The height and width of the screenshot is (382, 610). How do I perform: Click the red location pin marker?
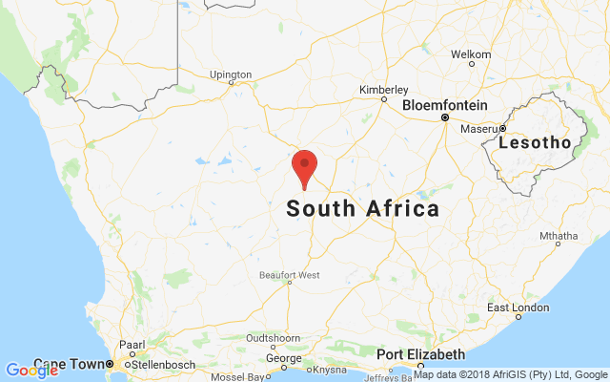(304, 167)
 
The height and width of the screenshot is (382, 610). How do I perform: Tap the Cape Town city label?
(69, 364)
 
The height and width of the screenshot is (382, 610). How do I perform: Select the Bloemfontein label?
(445, 105)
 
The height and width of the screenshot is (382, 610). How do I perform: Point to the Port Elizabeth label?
(420, 354)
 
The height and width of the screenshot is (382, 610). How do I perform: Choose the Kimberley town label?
(383, 90)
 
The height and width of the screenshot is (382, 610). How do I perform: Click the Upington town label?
(231, 74)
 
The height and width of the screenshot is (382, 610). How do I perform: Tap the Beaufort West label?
(290, 276)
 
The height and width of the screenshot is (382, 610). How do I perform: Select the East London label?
(518, 308)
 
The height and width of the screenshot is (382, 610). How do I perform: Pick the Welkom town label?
(471, 54)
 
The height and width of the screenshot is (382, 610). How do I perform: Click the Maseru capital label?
(478, 129)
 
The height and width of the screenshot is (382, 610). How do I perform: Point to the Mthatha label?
(559, 236)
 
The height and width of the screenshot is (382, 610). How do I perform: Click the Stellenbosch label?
(151, 364)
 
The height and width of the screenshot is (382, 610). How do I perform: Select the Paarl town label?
(132, 345)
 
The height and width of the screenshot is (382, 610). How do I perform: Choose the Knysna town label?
(329, 369)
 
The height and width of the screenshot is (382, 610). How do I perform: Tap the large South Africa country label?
(363, 209)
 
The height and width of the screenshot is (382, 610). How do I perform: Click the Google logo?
(31, 371)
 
